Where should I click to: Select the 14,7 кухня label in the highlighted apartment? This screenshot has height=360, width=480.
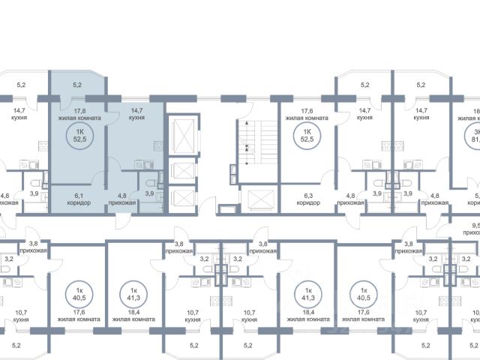[x=136, y=114]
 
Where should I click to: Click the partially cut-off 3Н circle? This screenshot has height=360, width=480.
[x=472, y=134]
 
